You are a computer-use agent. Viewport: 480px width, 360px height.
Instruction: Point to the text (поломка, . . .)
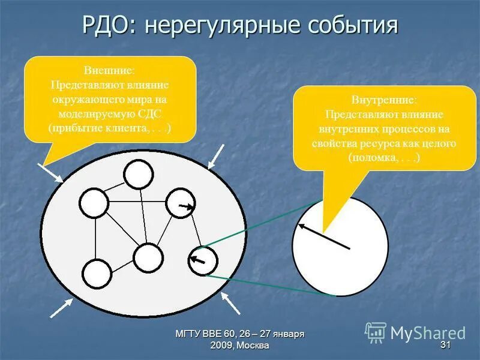coord(384,158)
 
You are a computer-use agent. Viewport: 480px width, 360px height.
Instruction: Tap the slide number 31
coord(445,345)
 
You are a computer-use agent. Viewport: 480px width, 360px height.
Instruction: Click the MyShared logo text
coord(427,332)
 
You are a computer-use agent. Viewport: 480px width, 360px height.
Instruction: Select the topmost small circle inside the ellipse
coord(139,175)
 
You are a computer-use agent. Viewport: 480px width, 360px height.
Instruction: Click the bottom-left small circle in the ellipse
coord(97,273)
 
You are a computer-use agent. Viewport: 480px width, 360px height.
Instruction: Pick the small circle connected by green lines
coord(203,260)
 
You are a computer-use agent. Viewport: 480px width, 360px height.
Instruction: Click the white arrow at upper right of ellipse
coord(216,155)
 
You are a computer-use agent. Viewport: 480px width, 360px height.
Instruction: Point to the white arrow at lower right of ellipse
coord(230,302)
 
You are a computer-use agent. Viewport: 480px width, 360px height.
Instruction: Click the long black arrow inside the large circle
coord(324,235)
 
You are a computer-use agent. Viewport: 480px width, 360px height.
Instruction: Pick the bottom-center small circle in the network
coord(148,258)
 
